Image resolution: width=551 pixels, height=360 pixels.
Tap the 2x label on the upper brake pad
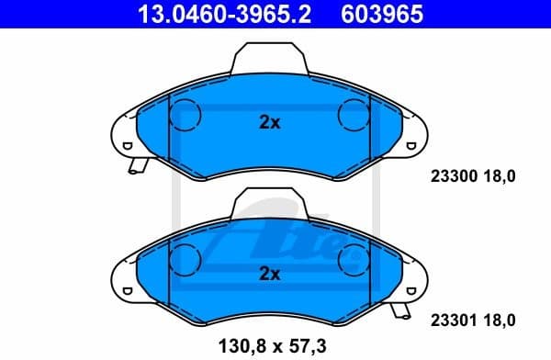click(x=269, y=123)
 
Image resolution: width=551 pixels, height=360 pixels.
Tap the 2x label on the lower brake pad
click(x=269, y=274)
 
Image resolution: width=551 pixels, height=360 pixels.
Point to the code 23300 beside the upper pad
click(x=452, y=179)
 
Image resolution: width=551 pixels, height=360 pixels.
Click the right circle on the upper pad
click(x=354, y=115)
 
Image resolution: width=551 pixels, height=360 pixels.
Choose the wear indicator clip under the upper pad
click(x=139, y=167)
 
